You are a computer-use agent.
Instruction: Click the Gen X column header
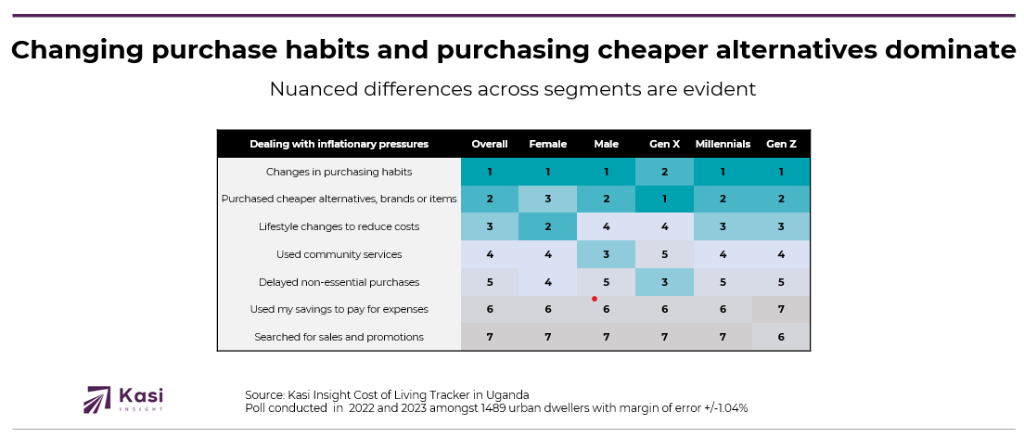click(664, 144)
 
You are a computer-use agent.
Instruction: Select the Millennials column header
click(723, 144)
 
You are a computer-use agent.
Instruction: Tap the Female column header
click(547, 144)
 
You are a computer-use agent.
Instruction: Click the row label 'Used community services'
click(339, 254)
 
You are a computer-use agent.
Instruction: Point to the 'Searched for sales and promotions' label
click(339, 337)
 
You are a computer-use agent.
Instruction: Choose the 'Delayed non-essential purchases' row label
click(339, 282)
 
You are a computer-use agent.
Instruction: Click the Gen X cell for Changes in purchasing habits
click(664, 172)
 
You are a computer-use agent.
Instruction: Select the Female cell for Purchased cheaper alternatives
click(547, 199)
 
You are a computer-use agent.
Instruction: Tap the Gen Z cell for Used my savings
click(781, 309)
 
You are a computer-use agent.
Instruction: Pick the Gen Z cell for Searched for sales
click(781, 337)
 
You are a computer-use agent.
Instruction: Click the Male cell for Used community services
click(606, 254)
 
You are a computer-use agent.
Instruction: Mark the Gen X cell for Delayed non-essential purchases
click(664, 282)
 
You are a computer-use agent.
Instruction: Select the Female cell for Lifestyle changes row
click(547, 226)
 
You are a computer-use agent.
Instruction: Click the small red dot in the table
click(594, 299)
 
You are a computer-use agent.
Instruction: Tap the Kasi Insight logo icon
click(97, 399)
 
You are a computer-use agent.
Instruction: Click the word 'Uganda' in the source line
click(509, 394)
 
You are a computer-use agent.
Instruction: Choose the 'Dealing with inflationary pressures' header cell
click(339, 144)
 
